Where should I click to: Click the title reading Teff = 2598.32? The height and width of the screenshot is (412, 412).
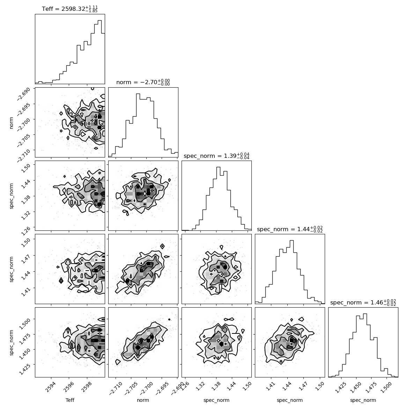click(x=69, y=9)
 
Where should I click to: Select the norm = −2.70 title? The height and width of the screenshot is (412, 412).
click(x=143, y=82)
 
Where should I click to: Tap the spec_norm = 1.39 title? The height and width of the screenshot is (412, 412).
click(x=216, y=156)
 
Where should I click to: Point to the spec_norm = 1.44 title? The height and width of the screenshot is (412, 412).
click(x=290, y=229)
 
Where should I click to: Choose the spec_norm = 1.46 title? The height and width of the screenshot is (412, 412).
click(x=363, y=302)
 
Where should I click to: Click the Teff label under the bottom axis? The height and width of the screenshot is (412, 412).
click(x=70, y=400)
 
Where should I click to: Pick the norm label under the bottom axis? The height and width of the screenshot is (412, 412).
click(x=143, y=400)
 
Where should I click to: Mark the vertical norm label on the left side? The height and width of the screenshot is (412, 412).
click(x=11, y=123)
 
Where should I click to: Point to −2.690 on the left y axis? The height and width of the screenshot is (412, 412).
click(x=24, y=94)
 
